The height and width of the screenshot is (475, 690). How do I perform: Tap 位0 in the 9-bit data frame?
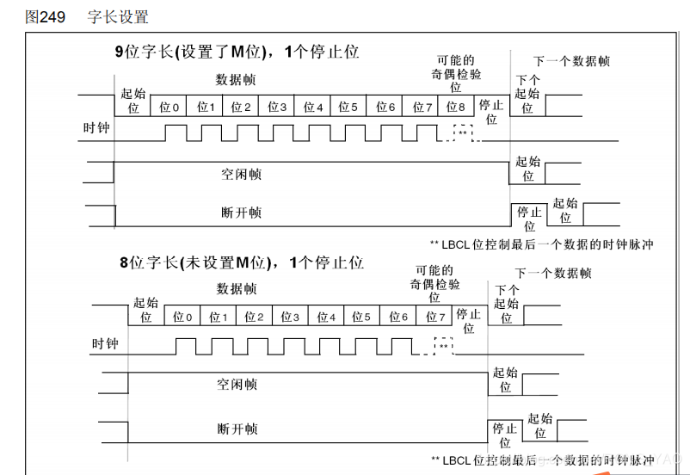pyautogui.click(x=169, y=107)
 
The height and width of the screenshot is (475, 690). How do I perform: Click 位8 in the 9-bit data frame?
pyautogui.click(x=456, y=107)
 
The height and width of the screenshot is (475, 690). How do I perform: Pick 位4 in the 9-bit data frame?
pyautogui.click(x=312, y=107)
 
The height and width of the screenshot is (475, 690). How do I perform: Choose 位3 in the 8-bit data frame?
pyautogui.click(x=290, y=317)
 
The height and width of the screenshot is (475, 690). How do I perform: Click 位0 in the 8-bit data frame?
pyautogui.click(x=182, y=317)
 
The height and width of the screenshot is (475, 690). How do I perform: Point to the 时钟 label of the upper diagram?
pyautogui.click(x=95, y=129)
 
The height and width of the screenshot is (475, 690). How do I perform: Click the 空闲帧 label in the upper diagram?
pyautogui.click(x=241, y=174)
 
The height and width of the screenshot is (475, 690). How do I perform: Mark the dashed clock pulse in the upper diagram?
pyautogui.click(x=463, y=132)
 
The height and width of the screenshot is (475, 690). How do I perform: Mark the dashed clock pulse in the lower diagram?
pyautogui.click(x=443, y=344)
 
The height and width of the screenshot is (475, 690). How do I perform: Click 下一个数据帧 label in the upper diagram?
pyautogui.click(x=572, y=61)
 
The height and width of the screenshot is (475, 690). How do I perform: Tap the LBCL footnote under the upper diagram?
pyautogui.click(x=541, y=244)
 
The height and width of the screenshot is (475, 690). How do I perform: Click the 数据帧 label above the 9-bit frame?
pyautogui.click(x=236, y=79)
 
